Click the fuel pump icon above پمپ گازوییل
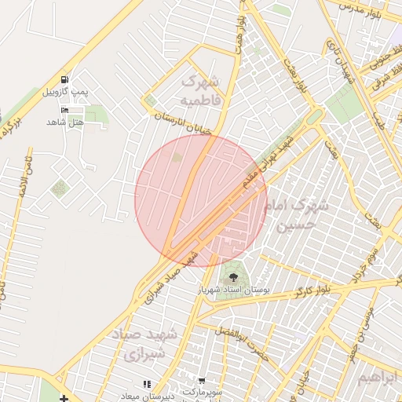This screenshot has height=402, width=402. (x=64, y=80)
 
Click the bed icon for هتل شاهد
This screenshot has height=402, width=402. (x=64, y=109)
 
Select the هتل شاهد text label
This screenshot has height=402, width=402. (x=64, y=122)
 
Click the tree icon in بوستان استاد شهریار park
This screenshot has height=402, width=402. (x=232, y=276)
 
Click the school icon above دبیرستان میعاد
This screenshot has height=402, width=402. (x=146, y=384)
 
